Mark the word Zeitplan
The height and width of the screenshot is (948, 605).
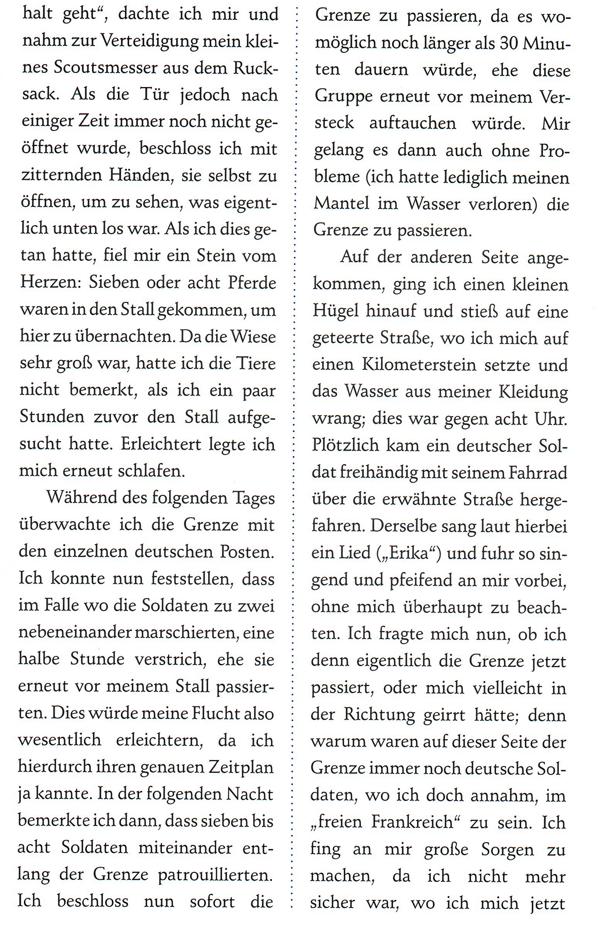click(x=241, y=767)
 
